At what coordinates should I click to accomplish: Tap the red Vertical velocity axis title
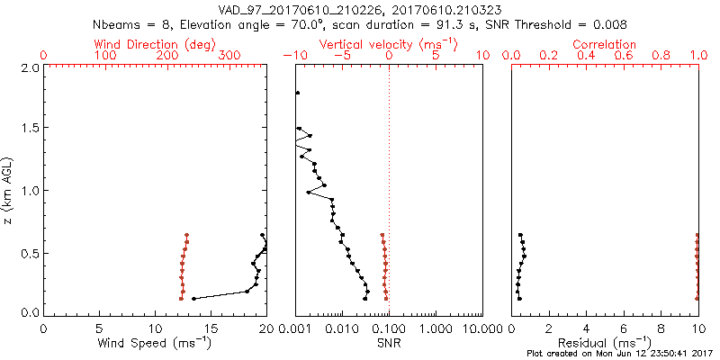(x=388, y=44)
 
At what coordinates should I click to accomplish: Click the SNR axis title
(x=388, y=342)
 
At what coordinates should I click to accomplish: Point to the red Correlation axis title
(x=605, y=44)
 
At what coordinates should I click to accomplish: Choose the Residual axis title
(x=605, y=342)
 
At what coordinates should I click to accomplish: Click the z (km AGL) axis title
(x=8, y=190)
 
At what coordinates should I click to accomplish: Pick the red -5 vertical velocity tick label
(x=342, y=56)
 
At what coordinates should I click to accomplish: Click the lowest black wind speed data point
(x=193, y=298)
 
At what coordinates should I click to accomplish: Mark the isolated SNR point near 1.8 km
(x=298, y=93)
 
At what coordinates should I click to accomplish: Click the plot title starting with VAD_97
(x=360, y=9)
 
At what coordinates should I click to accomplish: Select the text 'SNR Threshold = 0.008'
(x=564, y=23)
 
